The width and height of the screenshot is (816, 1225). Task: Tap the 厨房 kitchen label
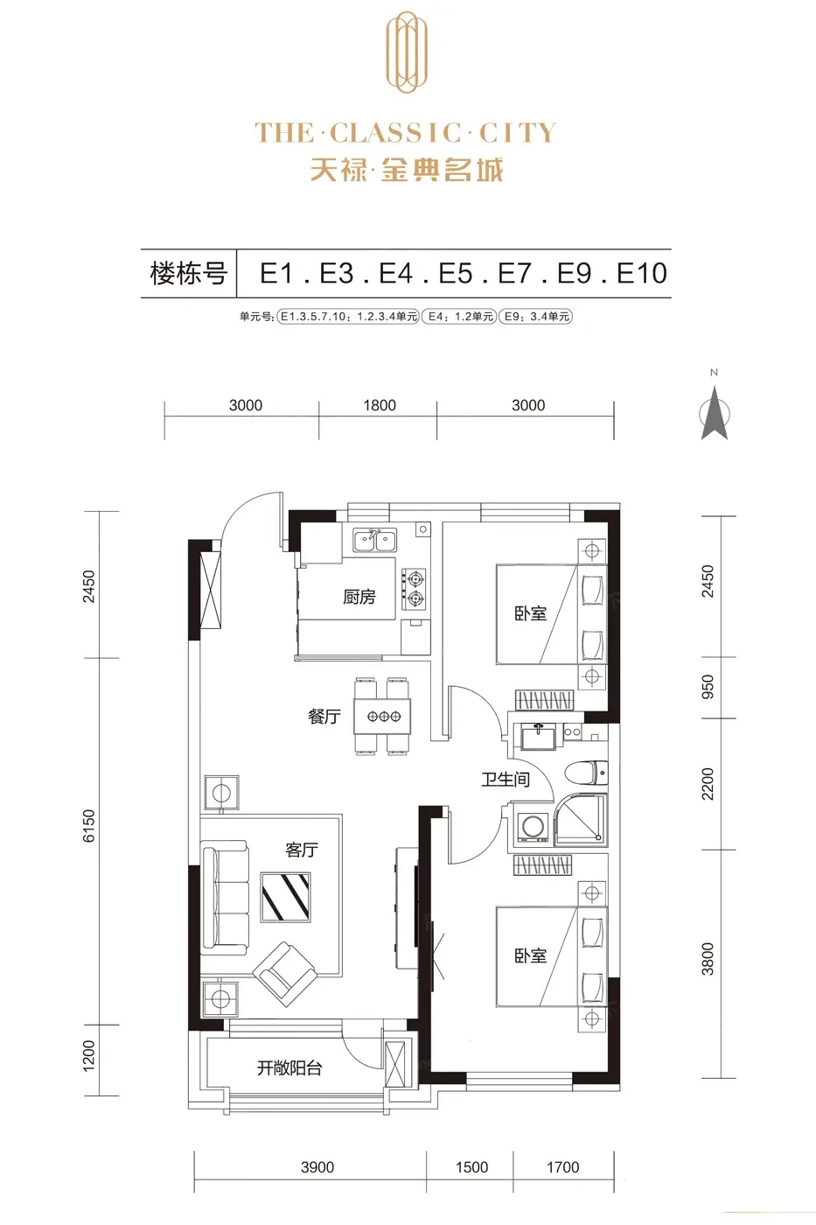point(359,597)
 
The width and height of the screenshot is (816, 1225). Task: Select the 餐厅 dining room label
point(324,716)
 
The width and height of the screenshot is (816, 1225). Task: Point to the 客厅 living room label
point(301,850)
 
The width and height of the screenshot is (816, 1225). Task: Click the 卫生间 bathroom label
point(506,779)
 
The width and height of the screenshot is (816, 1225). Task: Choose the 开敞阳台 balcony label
point(289,1067)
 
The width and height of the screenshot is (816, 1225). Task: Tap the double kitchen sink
point(375,540)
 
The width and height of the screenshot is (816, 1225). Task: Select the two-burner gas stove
point(414,588)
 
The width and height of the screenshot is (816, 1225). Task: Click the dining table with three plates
point(382,716)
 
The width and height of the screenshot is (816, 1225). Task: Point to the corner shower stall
point(580,821)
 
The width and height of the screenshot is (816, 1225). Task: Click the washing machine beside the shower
point(532,827)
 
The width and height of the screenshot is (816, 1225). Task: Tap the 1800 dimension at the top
point(380,405)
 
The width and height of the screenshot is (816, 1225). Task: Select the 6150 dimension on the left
point(89,826)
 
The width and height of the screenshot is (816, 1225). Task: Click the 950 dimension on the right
point(708,687)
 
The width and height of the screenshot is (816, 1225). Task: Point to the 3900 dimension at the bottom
point(317,1167)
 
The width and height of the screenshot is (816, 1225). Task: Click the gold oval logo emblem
point(407,52)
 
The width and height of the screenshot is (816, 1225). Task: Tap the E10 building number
point(642,273)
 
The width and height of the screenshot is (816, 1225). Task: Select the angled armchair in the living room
point(285,974)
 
